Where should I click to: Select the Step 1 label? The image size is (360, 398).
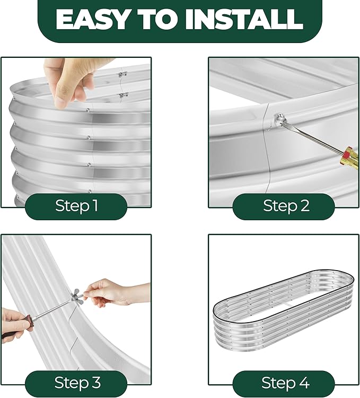76,205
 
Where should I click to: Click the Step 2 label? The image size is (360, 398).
286,205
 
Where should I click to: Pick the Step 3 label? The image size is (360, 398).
77,382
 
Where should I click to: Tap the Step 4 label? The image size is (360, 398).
285,382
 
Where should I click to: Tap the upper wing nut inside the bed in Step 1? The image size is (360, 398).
122,75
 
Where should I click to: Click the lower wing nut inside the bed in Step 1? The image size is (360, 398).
124,96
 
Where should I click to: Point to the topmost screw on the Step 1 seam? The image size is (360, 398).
88,110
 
